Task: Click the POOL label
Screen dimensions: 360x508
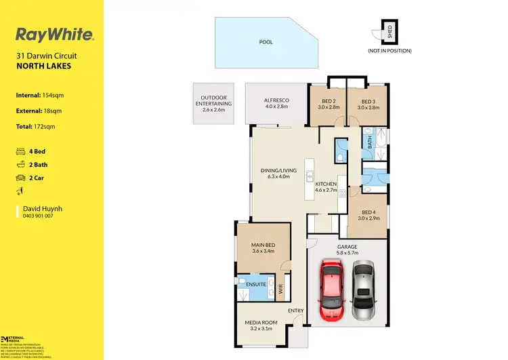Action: click(266, 42)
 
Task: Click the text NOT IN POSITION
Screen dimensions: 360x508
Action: click(389, 51)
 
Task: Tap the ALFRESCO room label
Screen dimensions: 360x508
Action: click(276, 100)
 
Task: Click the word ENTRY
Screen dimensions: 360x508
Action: click(296, 311)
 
